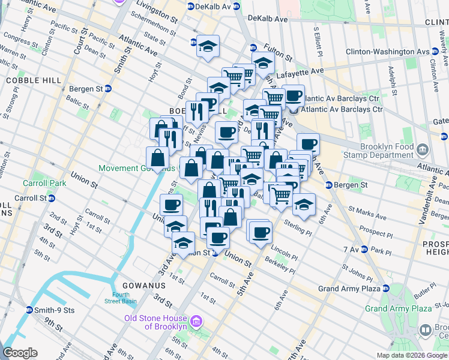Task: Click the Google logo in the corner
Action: click(x=20, y=353)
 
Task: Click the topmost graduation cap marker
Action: click(x=208, y=46)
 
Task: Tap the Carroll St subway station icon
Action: click(x=52, y=198)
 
